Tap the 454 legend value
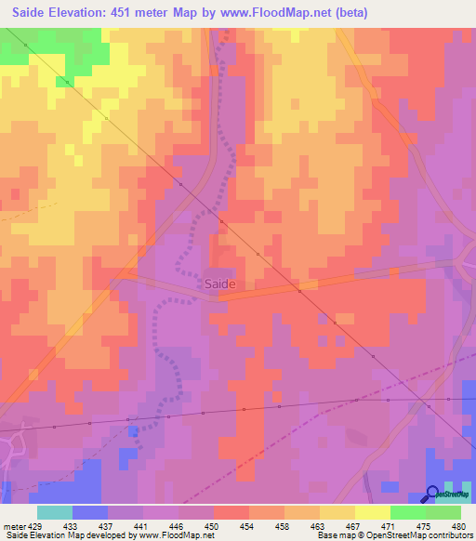(x=248, y=526)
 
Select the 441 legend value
(x=142, y=526)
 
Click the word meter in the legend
(x=13, y=526)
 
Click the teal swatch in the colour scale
(x=54, y=512)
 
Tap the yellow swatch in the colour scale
(x=372, y=512)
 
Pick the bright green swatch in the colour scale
(x=407, y=512)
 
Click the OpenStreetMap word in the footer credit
(x=418, y=536)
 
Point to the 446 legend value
(x=178, y=526)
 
